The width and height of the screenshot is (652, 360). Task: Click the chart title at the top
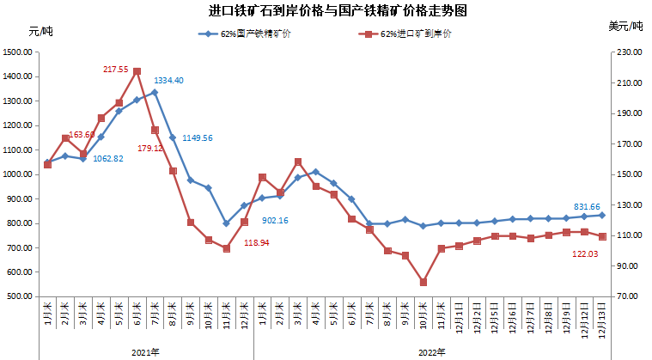click(x=327, y=11)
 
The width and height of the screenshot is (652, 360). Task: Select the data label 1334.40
click(x=168, y=81)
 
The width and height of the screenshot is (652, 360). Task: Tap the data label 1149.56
click(x=197, y=137)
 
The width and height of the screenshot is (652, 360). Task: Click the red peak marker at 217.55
click(x=137, y=72)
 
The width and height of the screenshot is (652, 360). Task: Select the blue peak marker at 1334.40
click(x=155, y=92)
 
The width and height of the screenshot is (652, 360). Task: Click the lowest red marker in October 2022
click(x=423, y=282)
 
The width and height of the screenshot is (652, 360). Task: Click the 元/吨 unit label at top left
click(x=40, y=31)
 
